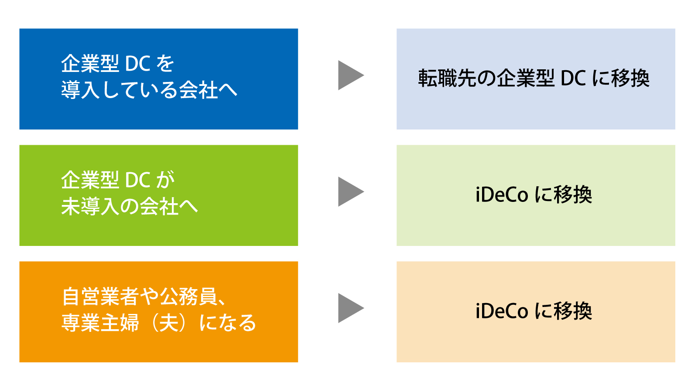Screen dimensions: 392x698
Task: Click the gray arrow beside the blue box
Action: (350, 75)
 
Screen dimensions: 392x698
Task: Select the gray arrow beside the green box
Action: (350, 192)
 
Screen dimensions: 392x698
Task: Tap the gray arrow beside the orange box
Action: (350, 308)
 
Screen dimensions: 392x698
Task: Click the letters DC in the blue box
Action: (137, 64)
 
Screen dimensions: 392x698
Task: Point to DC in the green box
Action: (137, 181)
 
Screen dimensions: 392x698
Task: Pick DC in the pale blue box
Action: (573, 78)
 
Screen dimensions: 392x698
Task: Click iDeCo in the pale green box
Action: (502, 195)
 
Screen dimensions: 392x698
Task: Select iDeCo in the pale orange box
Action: (502, 311)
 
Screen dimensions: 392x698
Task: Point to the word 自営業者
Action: (100, 297)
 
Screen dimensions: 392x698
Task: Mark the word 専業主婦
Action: (100, 323)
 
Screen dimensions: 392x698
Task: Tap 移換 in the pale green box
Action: (573, 195)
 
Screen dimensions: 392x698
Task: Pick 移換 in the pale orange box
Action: (573, 311)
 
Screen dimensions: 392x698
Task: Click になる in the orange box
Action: (227, 323)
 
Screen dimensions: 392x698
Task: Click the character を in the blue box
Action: (165, 64)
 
